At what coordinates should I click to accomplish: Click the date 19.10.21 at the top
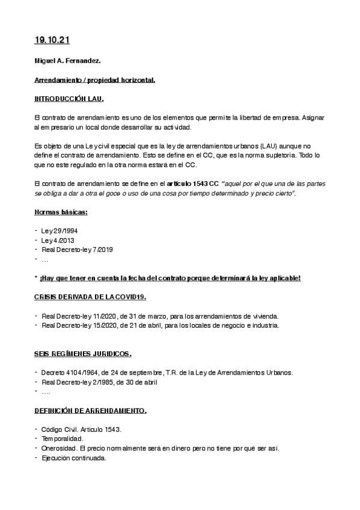click(x=52, y=40)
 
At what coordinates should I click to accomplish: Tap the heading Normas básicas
click(x=61, y=212)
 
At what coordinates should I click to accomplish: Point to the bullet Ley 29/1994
click(x=59, y=231)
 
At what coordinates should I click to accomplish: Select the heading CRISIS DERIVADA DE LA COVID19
click(x=90, y=297)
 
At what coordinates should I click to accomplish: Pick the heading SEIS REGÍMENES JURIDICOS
click(x=83, y=354)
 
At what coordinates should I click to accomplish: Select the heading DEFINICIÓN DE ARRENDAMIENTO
click(x=90, y=411)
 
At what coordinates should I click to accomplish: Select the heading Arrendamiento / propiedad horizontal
click(x=94, y=80)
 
